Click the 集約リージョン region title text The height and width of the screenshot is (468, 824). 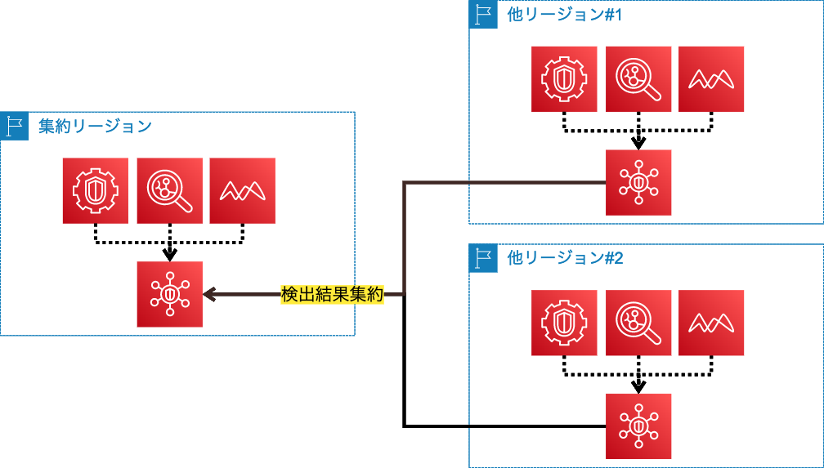95,126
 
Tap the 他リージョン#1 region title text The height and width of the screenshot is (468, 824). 565,15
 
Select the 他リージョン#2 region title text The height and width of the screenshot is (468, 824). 565,258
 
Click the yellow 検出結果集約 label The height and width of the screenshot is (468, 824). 332,295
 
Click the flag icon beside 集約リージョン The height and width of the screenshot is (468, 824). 14,126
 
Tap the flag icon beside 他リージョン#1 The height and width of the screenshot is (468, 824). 483,15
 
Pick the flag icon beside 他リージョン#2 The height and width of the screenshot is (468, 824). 483,258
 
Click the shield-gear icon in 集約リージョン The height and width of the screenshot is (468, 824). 96,190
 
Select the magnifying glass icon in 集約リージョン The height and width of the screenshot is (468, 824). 169,190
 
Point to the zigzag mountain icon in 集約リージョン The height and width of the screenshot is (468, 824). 242,190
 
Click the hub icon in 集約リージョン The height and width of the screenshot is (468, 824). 169,294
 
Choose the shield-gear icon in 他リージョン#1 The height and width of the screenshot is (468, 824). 564,79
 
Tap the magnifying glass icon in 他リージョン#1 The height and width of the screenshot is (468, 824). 638,79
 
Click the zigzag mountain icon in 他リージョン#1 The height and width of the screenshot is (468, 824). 711,79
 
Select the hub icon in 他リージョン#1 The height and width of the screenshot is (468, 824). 638,182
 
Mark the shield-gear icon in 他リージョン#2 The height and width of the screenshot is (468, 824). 564,323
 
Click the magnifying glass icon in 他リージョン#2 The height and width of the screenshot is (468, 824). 638,323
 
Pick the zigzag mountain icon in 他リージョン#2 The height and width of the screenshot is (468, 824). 711,323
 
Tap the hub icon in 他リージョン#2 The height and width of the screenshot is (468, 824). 638,426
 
